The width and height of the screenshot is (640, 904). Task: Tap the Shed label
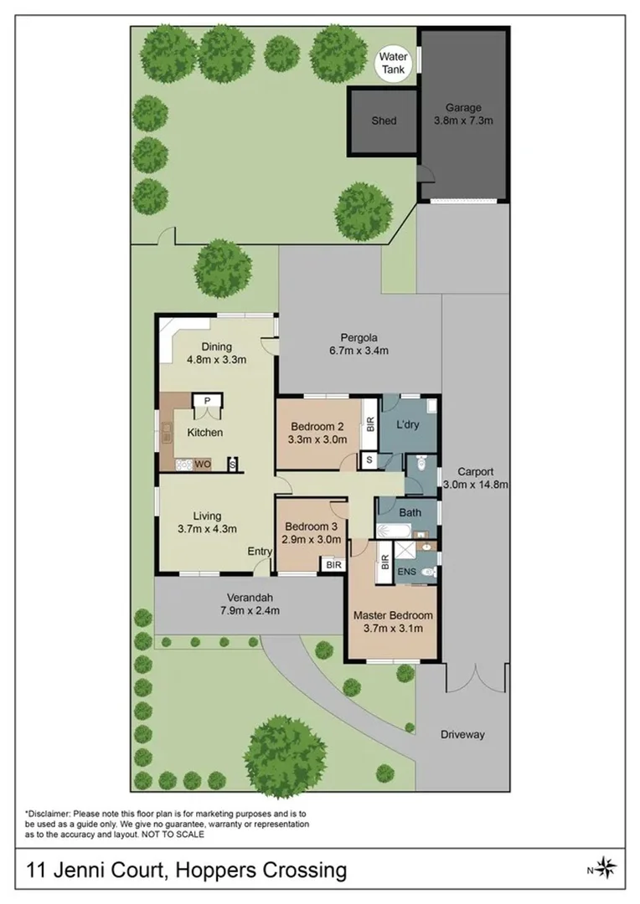[x=384, y=121]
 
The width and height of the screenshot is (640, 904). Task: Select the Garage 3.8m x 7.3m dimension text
[x=462, y=121]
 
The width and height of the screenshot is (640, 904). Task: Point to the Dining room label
[x=215, y=347]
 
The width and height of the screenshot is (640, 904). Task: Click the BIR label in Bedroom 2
[x=369, y=422]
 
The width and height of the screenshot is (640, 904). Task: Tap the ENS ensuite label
[x=406, y=572]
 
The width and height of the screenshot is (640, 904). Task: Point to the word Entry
[x=259, y=551]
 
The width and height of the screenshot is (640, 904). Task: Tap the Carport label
[x=475, y=470]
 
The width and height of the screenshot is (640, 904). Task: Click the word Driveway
[x=462, y=735]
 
